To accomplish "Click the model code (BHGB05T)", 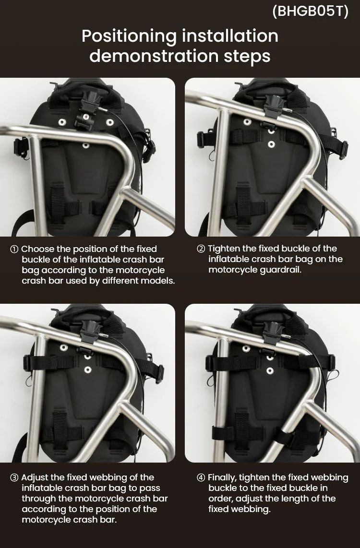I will (310, 11).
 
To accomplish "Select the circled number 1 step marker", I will (14, 249).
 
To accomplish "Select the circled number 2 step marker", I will (201, 249).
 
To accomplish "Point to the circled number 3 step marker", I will (14, 477).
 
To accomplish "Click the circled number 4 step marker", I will (201, 477).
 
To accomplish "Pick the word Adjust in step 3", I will (36, 477).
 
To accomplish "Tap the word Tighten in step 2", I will (224, 249).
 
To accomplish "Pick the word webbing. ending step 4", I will (253, 509).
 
